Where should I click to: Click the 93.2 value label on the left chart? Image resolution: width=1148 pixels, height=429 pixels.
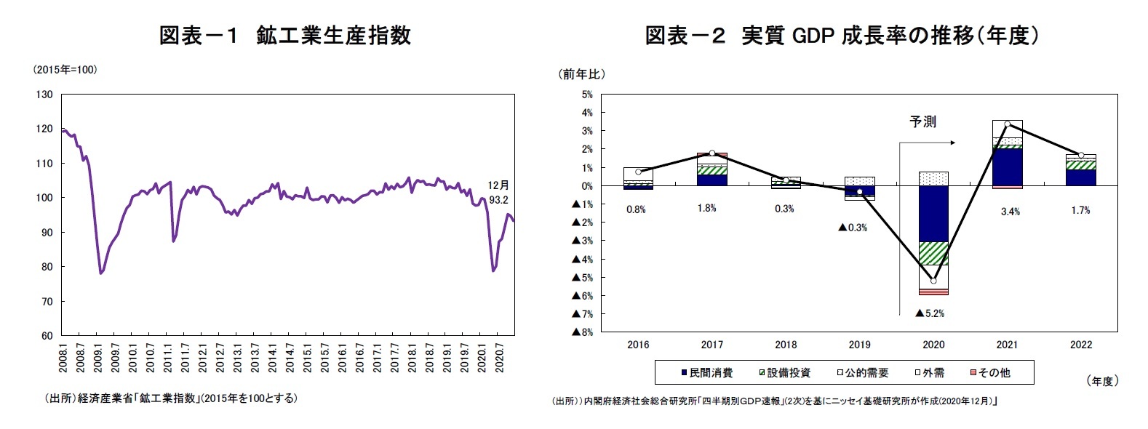(498, 199)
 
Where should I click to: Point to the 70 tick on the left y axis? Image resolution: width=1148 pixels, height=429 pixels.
(46, 301)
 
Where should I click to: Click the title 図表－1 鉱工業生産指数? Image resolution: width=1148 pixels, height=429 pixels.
(285, 35)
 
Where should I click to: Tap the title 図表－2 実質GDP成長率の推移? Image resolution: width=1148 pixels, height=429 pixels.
(842, 35)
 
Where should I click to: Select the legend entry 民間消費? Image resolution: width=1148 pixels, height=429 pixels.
(706, 372)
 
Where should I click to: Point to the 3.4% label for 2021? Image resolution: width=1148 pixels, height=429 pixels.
(1010, 212)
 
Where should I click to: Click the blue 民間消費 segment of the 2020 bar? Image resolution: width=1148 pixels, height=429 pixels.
(933, 214)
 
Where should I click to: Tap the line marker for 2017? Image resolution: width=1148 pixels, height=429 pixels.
(712, 153)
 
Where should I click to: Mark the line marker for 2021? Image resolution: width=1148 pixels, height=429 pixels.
(1007, 124)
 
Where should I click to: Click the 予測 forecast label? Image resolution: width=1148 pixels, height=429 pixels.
(922, 122)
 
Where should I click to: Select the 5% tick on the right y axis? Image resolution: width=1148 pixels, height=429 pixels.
(587, 95)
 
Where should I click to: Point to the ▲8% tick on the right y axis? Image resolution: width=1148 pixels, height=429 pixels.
(583, 332)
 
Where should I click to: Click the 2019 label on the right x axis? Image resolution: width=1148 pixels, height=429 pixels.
(859, 345)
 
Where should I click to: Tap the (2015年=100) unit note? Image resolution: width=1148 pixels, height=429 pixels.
(65, 70)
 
